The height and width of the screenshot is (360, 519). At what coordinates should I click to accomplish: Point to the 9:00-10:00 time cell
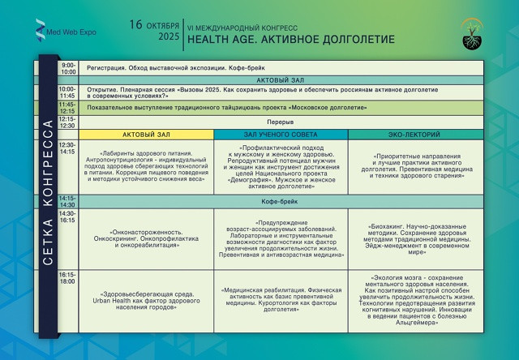68,68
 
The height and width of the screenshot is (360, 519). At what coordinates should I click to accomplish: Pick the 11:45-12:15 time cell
67,107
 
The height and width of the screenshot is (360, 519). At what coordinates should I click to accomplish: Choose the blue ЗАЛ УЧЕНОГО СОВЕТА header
281,134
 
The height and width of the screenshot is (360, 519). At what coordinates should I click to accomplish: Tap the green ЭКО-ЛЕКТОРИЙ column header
415,134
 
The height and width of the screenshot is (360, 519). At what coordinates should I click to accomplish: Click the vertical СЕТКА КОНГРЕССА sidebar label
47,195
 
